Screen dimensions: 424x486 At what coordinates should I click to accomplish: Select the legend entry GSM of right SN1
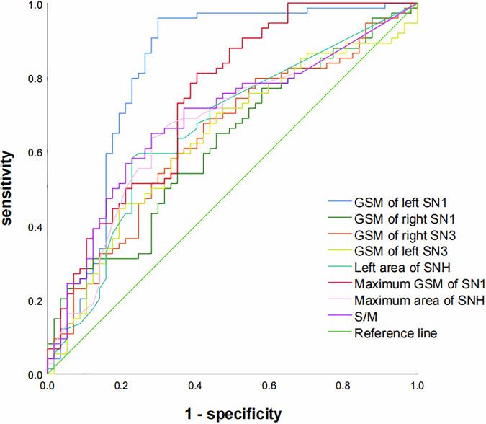398,218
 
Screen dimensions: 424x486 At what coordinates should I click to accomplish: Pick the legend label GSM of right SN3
398,234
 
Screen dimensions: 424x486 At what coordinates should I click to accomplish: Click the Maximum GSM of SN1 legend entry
409,284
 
